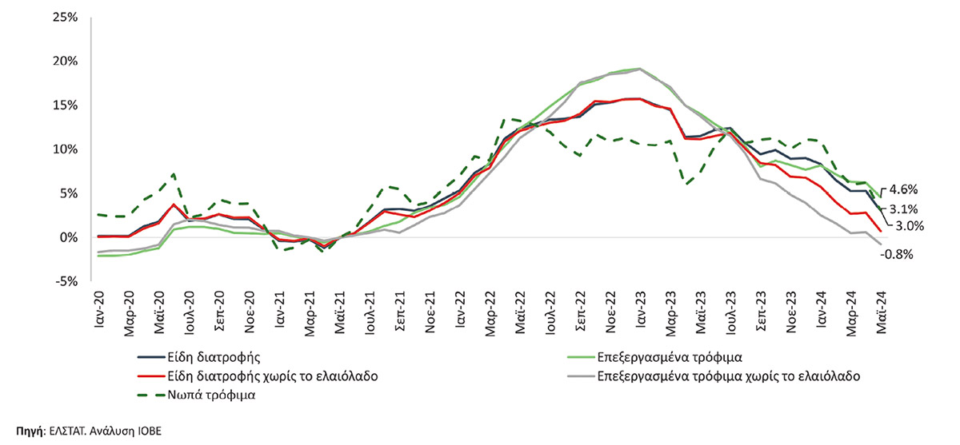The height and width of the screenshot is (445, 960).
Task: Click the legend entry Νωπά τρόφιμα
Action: [212, 395]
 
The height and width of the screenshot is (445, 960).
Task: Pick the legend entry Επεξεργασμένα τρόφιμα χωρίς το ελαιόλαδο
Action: [728, 375]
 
